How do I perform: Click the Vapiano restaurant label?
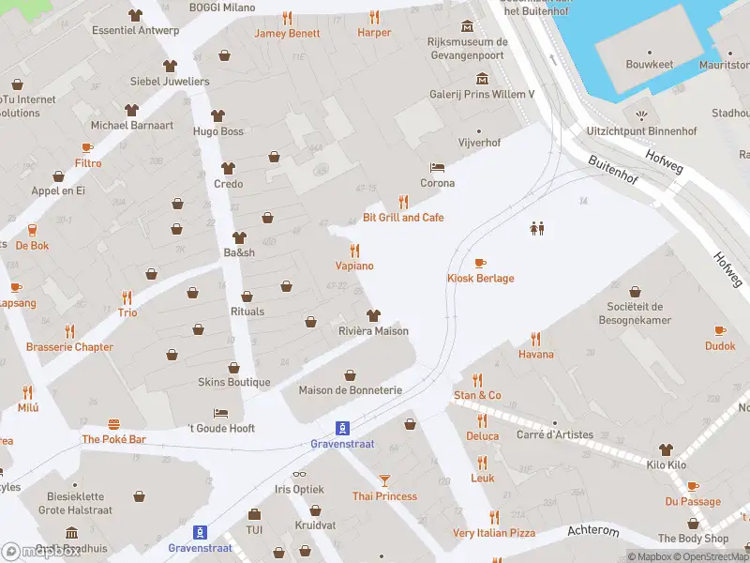pos(354,266)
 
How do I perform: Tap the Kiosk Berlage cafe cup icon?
pos(480,264)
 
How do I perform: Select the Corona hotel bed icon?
pos(437,168)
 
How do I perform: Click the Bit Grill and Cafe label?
pos(403,218)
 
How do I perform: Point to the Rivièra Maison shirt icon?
pos(373,315)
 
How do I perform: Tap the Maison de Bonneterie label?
pos(350,390)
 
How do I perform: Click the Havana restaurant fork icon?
pos(536,339)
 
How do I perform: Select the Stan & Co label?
pos(478,396)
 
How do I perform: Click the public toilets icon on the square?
pos(538,228)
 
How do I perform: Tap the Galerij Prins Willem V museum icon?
pos(482,78)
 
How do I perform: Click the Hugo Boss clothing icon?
pos(218,115)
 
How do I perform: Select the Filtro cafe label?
pos(88,163)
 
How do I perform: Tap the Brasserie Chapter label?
pos(69,347)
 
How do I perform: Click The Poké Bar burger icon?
pos(114,424)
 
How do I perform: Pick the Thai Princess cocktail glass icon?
pos(384,480)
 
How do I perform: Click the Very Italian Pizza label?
pos(494,533)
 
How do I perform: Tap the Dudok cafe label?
pos(720,346)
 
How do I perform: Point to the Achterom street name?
pos(593,531)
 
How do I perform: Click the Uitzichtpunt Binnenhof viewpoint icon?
pos(641,115)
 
